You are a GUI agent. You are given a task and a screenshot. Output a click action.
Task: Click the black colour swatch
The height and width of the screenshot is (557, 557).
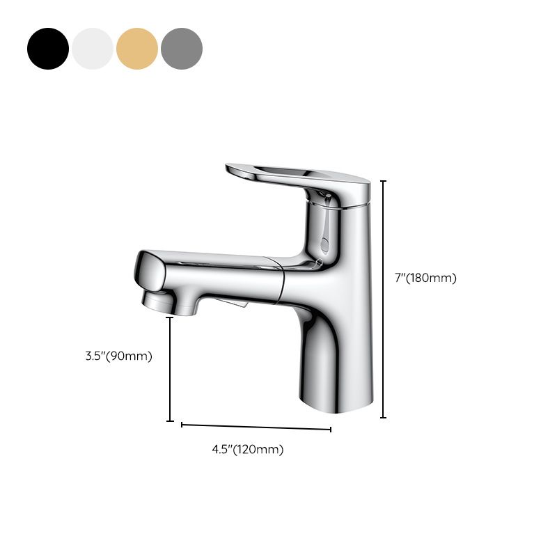(x=48, y=49)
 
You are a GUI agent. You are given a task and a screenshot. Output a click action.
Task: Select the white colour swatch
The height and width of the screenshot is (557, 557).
(x=93, y=49)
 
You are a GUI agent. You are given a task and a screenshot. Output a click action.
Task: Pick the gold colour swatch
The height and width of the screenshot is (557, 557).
(x=137, y=49)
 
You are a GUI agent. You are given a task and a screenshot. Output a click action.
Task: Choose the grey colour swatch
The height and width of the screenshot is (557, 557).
(x=182, y=49)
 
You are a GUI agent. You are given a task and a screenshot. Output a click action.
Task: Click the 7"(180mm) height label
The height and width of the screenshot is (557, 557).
(x=425, y=278)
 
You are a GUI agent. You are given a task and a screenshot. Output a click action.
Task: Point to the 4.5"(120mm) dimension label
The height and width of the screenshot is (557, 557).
(x=248, y=449)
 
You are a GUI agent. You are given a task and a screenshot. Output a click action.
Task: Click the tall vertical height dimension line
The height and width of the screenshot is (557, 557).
(x=383, y=299)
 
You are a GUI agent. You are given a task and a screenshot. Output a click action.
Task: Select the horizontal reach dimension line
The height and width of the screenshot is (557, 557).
(x=256, y=426)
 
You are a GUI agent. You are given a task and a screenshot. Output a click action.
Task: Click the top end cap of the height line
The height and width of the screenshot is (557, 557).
(x=383, y=181)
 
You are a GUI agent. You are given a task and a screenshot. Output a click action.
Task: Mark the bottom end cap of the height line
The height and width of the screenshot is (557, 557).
(x=383, y=418)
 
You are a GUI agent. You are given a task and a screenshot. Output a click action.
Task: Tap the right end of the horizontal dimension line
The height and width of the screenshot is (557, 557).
(x=331, y=429)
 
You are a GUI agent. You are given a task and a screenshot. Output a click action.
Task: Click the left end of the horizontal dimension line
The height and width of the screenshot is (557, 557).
(x=182, y=424)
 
